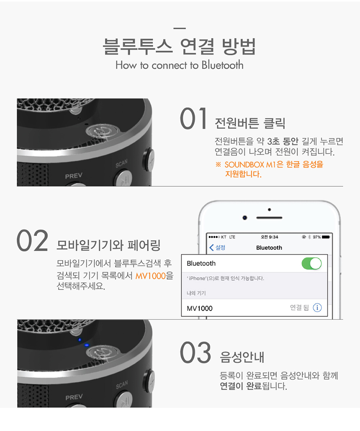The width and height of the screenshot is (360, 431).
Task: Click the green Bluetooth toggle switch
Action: (x=311, y=263)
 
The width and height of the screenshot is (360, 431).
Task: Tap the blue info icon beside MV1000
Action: (x=317, y=308)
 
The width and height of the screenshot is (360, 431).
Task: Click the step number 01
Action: (x=194, y=118)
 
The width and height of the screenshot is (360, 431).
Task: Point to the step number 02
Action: (x=32, y=241)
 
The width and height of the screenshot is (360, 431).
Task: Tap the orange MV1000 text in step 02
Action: (x=151, y=276)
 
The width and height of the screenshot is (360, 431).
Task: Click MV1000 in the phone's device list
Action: (x=200, y=308)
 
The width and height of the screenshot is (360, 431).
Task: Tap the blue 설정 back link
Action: (x=217, y=247)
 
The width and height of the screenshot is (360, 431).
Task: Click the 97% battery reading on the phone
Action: (x=316, y=237)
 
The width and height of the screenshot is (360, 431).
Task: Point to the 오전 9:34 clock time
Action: (x=270, y=237)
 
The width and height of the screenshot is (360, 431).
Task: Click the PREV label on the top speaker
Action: (x=74, y=176)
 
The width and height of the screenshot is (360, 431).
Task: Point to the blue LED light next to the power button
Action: (x=87, y=345)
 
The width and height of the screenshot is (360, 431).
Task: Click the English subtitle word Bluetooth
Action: (x=223, y=65)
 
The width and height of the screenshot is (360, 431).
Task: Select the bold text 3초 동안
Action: (x=283, y=141)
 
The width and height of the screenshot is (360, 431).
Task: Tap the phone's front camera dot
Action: (x=245, y=218)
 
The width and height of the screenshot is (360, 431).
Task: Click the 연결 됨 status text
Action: (x=299, y=307)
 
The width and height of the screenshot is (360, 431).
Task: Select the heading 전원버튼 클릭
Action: (x=250, y=123)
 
